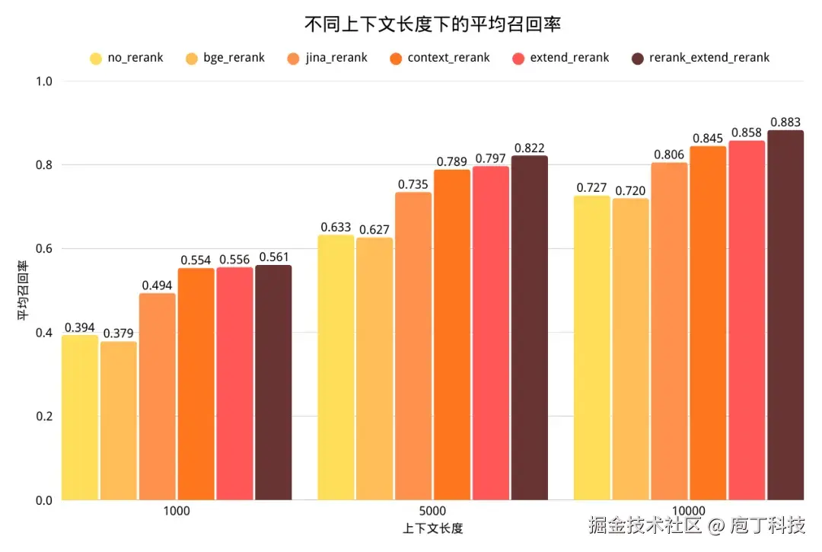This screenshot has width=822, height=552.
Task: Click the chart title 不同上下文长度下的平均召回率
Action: coord(432,24)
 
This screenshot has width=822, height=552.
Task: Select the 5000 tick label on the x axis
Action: coord(432,511)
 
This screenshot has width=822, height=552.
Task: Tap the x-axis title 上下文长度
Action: coord(432,528)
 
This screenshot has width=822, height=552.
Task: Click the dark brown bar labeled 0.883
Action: coord(785,315)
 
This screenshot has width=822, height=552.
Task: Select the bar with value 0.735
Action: coord(413,346)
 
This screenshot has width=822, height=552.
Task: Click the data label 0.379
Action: coord(119,333)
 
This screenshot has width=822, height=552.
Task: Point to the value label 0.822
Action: coord(529,148)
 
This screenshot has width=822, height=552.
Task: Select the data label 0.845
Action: coord(707,138)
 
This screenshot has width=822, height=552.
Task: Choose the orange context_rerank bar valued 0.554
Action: coord(196,384)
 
